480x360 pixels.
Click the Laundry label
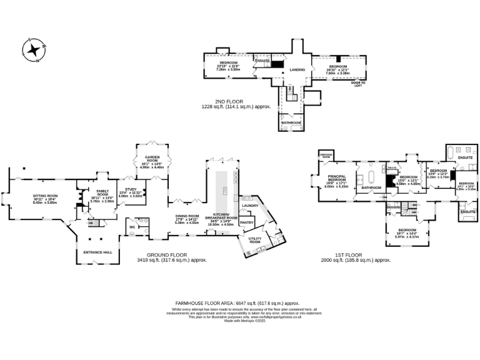[250, 206]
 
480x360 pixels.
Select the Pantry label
[246, 222]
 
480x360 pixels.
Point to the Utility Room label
[255, 240]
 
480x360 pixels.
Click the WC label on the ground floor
[132, 227]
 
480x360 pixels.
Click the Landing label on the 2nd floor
[297, 70]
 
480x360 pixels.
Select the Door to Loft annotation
[357, 84]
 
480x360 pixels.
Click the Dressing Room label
[326, 154]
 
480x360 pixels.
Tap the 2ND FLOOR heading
[230, 101]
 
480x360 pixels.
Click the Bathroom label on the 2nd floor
[291, 122]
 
